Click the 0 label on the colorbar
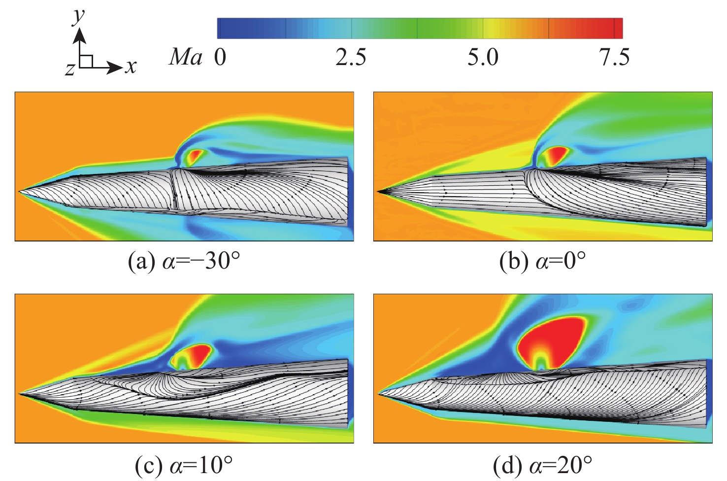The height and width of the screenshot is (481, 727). point(220,58)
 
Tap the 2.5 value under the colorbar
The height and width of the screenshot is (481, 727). point(351,58)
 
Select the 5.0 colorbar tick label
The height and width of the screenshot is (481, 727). point(483,58)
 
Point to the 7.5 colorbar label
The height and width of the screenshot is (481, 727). point(614,58)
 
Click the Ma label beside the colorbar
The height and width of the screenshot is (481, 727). point(186,58)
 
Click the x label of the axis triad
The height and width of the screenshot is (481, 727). point(130,66)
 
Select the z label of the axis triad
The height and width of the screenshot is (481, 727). point(70,69)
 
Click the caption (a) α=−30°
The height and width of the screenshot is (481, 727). point(184,261)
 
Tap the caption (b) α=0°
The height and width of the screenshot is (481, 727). point(542,261)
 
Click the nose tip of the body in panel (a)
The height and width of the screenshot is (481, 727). point(20,191)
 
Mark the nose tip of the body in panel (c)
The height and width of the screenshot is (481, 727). point(20,393)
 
